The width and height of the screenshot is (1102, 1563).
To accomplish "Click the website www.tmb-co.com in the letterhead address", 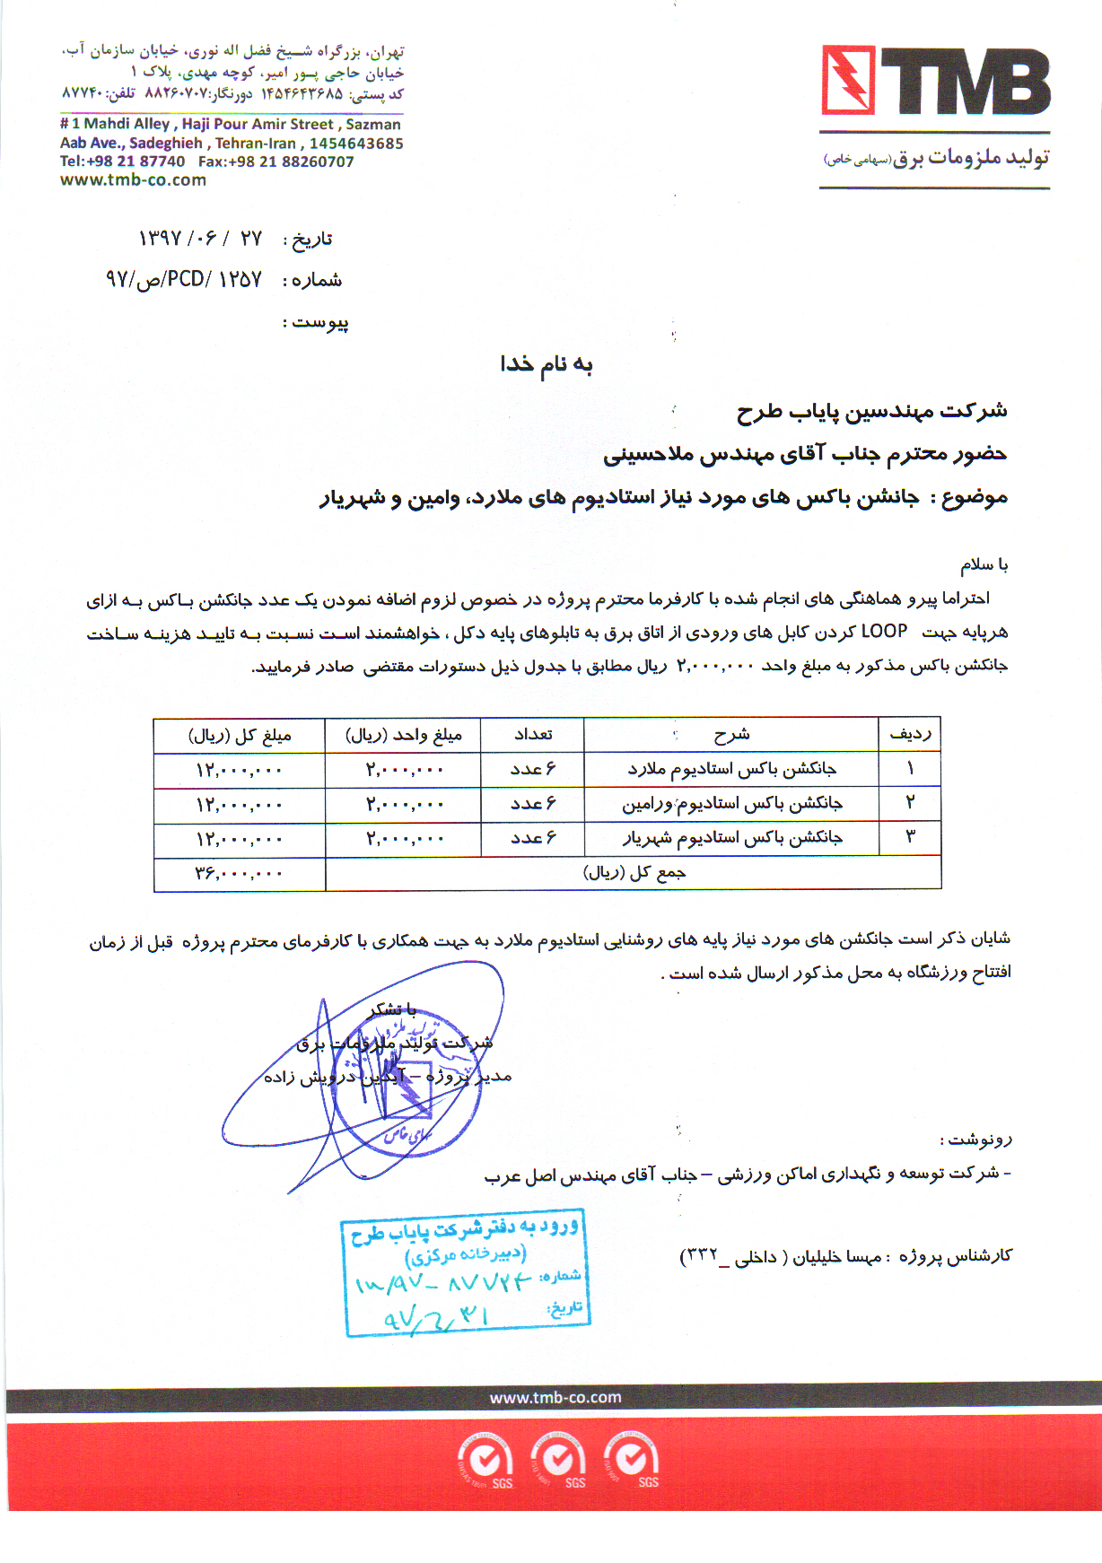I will pos(133,180).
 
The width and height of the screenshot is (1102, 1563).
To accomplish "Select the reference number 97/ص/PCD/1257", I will pos(184,280).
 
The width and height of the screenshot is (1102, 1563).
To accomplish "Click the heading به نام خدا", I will pos(546,364).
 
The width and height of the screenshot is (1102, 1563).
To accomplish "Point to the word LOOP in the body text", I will pos(883,632).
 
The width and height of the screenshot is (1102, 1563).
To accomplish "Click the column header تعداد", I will pos(532,735).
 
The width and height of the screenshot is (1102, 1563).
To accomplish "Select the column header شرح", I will pos(731,735).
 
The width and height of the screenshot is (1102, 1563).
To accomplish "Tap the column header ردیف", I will pos(909,735).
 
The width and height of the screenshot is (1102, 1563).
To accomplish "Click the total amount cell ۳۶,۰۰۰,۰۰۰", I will pos(239,873).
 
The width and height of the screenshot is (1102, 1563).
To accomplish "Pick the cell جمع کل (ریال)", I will pos(634,873).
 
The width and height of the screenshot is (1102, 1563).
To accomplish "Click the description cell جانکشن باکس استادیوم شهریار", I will pos(731,838).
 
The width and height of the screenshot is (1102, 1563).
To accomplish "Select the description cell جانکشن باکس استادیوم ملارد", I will pos(731,769).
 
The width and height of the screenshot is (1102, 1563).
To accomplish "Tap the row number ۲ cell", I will pos(909,803).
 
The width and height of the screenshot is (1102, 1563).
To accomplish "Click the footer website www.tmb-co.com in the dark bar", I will pos(555,1397).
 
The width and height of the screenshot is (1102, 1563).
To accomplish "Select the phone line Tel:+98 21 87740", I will pos(122,162).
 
